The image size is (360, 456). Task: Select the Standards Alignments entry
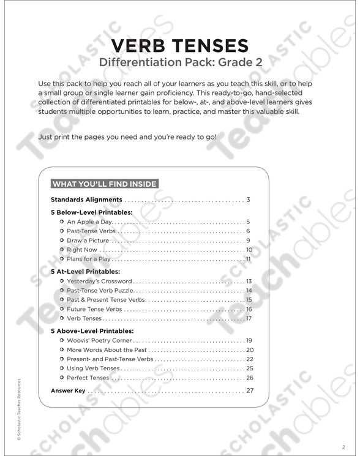tap(86, 200)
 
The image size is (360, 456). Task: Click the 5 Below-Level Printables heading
tap(91, 212)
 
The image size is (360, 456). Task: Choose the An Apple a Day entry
tap(89, 222)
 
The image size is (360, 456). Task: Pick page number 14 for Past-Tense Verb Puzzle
tap(249, 290)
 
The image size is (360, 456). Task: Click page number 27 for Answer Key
tap(249, 390)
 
